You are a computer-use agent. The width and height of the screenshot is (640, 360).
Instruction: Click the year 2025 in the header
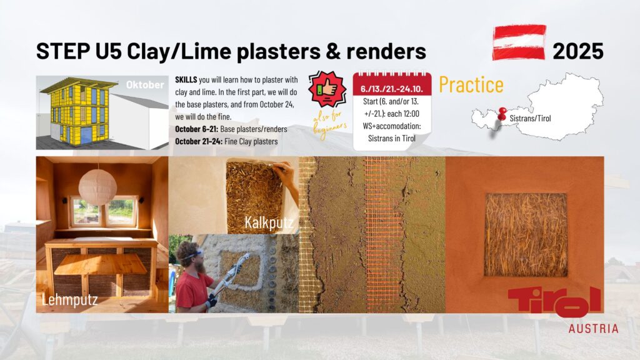577,51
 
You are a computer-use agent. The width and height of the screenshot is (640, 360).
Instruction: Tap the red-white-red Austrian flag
519,42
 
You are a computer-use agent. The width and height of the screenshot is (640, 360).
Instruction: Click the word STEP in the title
63,51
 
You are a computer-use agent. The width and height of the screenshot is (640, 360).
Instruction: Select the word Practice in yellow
471,84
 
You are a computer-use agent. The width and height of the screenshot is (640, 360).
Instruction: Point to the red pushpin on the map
502,113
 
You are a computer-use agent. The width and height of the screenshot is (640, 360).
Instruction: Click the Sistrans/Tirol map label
530,118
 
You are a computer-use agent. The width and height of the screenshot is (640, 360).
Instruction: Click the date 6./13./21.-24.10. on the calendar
392,89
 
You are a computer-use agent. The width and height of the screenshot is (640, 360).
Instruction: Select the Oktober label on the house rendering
145,84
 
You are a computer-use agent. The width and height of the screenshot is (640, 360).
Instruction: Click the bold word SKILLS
186,79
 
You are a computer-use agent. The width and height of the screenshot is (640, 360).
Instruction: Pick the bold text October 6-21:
197,129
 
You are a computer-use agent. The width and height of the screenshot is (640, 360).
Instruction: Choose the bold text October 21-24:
199,141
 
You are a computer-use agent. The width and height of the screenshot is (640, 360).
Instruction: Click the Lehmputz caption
70,300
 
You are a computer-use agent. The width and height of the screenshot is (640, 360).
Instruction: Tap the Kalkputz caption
269,222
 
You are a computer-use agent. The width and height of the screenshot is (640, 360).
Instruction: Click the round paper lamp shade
97,187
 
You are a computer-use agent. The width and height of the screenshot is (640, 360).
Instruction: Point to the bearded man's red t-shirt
194,291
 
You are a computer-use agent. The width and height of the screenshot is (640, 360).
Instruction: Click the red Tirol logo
555,302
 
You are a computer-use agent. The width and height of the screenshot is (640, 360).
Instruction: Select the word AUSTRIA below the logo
594,329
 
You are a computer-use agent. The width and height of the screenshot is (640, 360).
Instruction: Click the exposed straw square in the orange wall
526,235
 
